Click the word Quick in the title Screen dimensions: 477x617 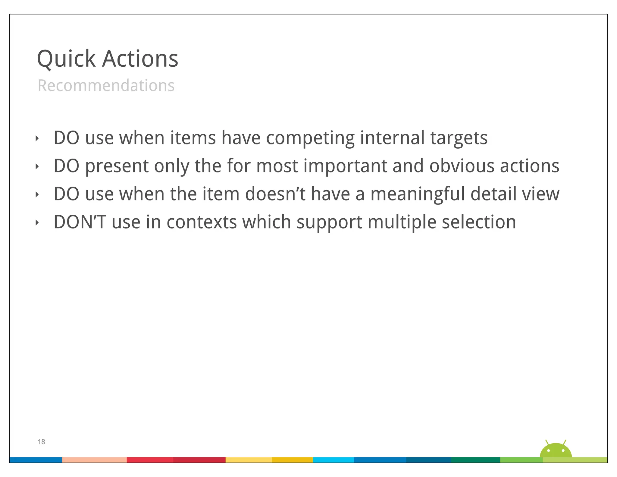66,59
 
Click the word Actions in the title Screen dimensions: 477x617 140,59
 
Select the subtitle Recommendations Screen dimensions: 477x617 106,86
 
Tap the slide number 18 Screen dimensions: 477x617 41,442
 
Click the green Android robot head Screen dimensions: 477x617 556,451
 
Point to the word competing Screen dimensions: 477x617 310,138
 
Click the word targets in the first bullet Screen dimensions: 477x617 459,138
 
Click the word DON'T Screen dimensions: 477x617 80,222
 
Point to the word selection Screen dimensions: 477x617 479,222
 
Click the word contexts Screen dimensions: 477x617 202,222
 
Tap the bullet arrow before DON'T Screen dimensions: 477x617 37,223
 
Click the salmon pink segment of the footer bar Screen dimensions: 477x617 94,460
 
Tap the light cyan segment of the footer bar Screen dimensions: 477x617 333,460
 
